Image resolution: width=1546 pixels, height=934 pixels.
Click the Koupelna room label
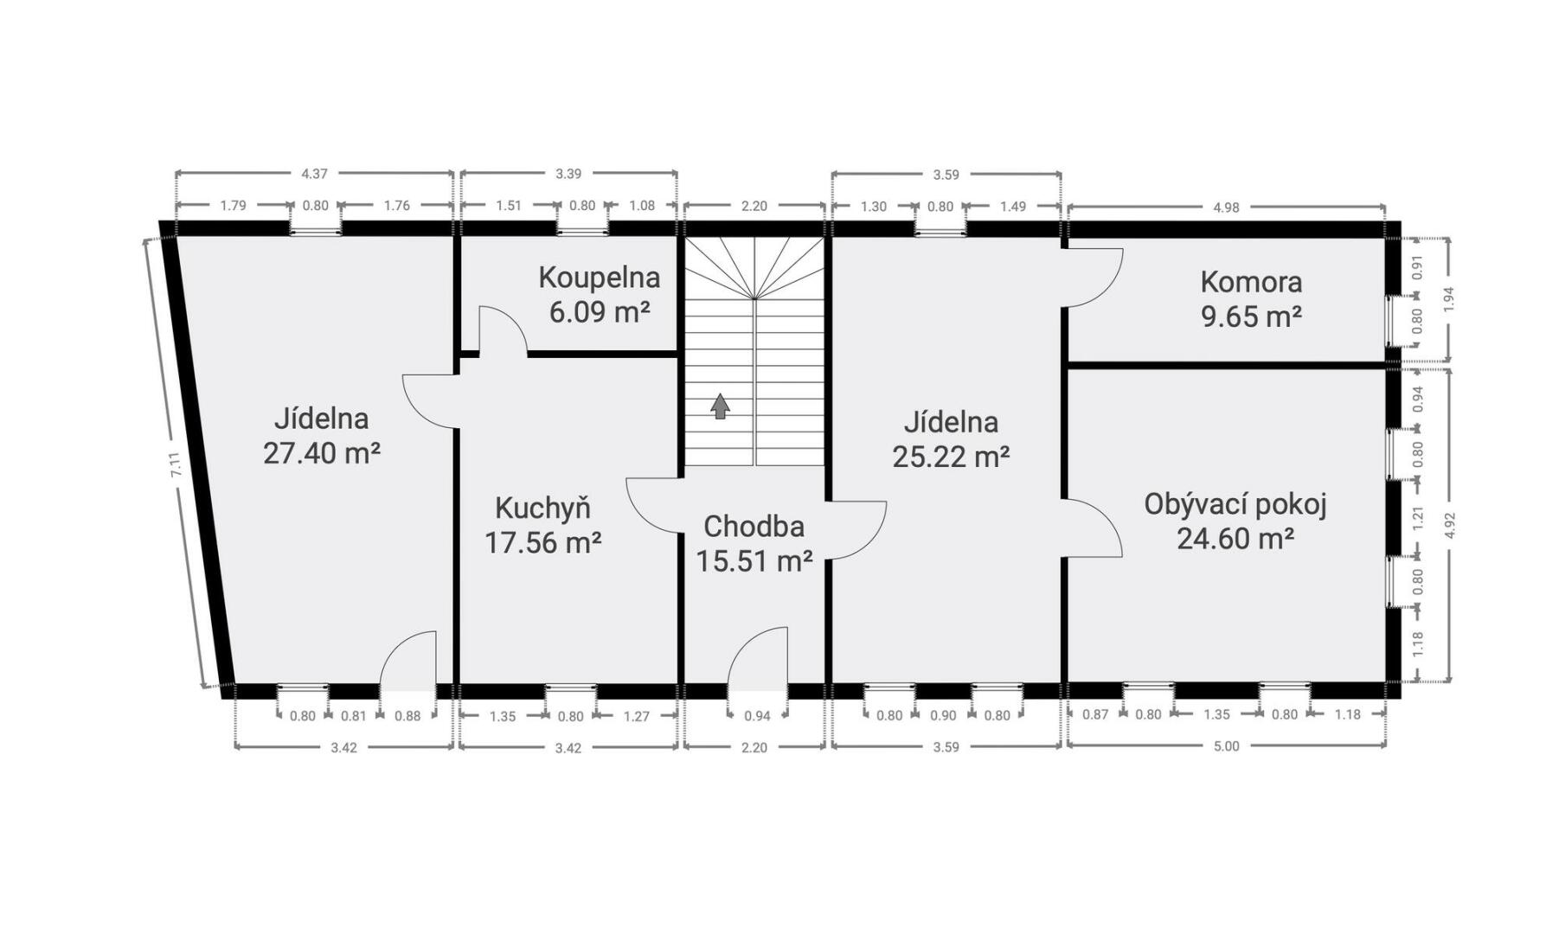click(x=599, y=278)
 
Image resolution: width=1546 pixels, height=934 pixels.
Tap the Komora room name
click(x=1251, y=282)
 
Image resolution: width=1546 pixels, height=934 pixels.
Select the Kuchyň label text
click(x=542, y=507)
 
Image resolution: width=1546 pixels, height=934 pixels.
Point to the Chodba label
click(x=754, y=526)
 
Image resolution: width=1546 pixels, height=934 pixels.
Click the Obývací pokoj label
click(x=1235, y=504)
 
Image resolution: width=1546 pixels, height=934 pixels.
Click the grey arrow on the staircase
click(x=720, y=406)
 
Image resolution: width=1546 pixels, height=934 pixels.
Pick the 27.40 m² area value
click(x=322, y=452)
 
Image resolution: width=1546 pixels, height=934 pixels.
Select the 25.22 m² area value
click(x=951, y=456)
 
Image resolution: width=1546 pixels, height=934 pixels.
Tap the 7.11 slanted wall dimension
click(x=175, y=466)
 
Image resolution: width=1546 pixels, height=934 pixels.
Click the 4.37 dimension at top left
click(x=314, y=174)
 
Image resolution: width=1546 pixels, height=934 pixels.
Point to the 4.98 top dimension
click(x=1226, y=208)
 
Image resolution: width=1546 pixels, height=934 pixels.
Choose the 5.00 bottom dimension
click(x=1226, y=746)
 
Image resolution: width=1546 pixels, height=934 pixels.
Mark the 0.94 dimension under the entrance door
click(x=757, y=715)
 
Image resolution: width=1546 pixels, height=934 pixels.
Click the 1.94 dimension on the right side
click(x=1449, y=298)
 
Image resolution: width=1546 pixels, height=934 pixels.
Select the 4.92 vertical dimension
click(x=1450, y=526)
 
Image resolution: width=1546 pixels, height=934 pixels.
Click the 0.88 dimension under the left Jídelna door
click(x=407, y=716)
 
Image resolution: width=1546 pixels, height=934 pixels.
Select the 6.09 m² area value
click(x=599, y=311)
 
